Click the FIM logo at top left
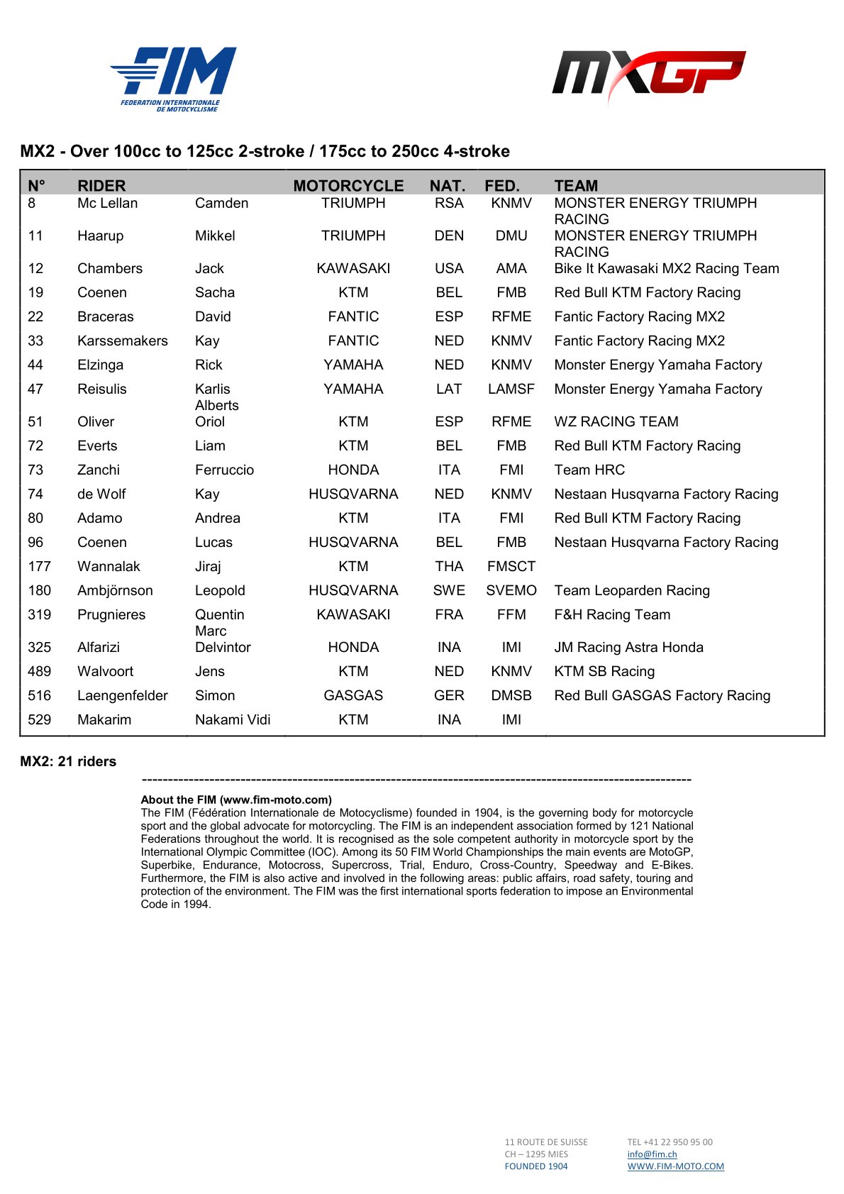pos(174,78)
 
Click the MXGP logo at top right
pos(648,74)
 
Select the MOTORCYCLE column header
pos(348,186)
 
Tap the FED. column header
pos(502,186)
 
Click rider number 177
pos(40,566)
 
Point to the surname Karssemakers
pos(123,341)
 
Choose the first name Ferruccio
pos(224,470)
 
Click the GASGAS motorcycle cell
pos(353,695)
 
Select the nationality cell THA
pos(449,566)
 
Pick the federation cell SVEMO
pos(511,590)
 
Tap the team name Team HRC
pos(589,470)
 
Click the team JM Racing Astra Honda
pos(628,647)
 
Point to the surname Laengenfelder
pos(123,695)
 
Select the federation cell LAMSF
pos(511,389)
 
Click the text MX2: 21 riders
pos(68,761)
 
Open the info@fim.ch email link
pos(652,1154)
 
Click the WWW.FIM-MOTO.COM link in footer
pos(675,1166)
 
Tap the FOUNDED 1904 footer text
pos(536,1166)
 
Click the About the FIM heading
pos(236,800)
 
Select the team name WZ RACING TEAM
pos(616,421)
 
